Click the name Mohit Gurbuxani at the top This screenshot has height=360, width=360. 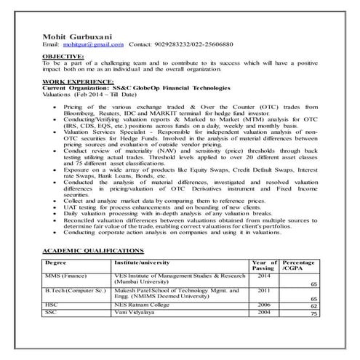coord(77,35)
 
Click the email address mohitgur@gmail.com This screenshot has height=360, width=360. coord(96,44)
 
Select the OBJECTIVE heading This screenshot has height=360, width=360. coord(64,55)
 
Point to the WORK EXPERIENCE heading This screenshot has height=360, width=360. coord(78,83)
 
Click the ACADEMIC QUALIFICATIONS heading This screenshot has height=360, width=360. coord(93,249)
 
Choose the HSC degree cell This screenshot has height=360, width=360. coord(52,306)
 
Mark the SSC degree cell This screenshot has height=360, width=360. coord(51,313)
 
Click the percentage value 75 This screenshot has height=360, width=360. coord(314,314)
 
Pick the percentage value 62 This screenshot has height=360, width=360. coord(314,307)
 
